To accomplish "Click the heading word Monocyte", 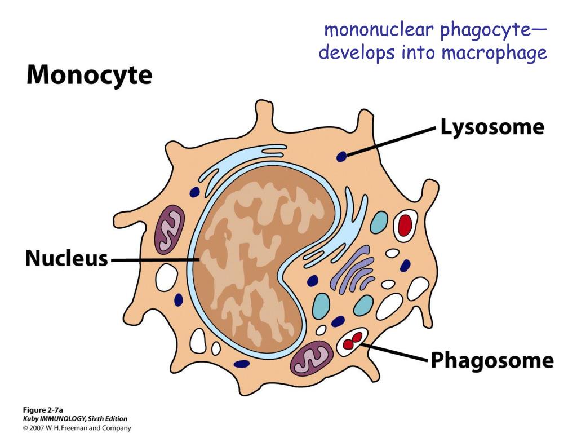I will pos(89,76).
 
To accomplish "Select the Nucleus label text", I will pos(66,259).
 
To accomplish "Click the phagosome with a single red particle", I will pos(404,225).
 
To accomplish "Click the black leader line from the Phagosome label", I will pos(394,352).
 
